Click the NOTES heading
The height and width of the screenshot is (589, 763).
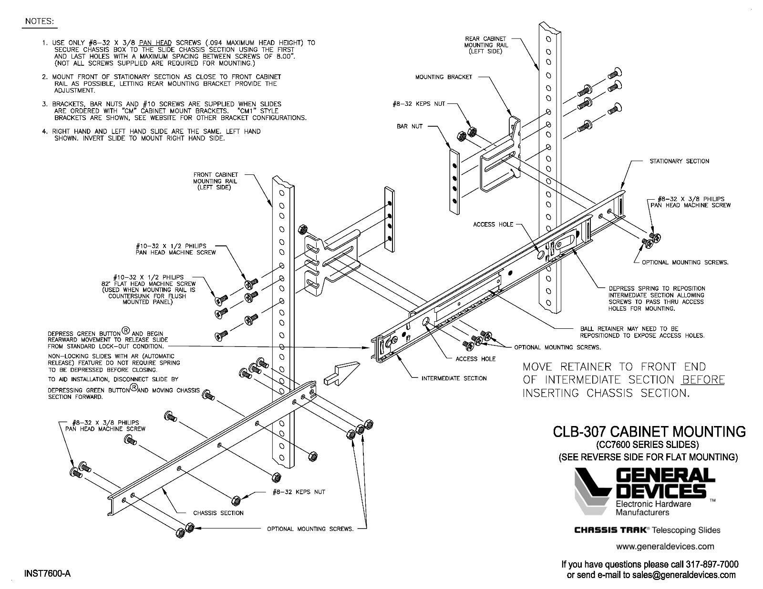(x=39, y=21)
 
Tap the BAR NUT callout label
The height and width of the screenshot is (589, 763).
(x=410, y=126)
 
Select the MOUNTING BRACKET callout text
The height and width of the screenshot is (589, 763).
(x=443, y=77)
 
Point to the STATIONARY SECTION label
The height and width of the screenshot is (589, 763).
(x=679, y=161)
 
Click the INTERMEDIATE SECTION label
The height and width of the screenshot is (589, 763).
(x=454, y=378)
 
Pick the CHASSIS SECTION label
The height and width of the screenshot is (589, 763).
(x=218, y=513)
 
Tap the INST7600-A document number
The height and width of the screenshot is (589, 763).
(x=47, y=574)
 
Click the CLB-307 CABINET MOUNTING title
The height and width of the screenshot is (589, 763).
(x=649, y=432)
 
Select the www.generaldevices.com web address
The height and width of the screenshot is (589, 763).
(x=665, y=546)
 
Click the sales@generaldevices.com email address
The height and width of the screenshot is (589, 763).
(x=684, y=575)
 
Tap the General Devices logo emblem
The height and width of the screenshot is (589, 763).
(x=593, y=491)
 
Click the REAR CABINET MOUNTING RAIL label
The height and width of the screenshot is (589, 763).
(x=485, y=45)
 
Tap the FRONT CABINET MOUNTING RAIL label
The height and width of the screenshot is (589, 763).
(x=215, y=181)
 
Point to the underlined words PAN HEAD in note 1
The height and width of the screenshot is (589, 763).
(x=155, y=43)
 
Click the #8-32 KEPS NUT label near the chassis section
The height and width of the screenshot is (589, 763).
(x=299, y=492)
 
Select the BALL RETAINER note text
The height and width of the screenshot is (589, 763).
(x=642, y=332)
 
